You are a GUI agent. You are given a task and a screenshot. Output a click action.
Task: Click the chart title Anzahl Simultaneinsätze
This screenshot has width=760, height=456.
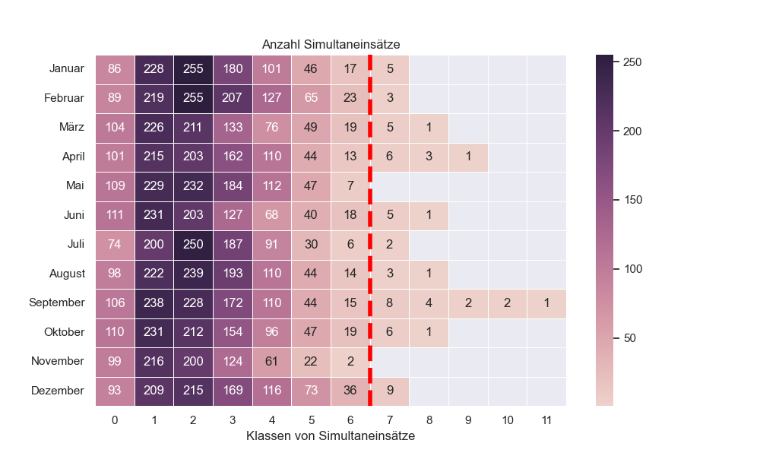tap(331, 45)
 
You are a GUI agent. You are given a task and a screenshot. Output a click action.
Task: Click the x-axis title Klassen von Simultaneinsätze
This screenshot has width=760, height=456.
tap(331, 437)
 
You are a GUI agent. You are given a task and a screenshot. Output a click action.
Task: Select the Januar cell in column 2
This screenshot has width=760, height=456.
tap(193, 69)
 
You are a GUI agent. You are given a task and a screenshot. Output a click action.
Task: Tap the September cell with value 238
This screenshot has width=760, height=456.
tap(154, 302)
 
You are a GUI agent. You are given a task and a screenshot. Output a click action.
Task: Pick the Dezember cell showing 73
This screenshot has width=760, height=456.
tap(311, 391)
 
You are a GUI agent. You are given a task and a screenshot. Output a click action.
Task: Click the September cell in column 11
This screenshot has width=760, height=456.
tap(546, 302)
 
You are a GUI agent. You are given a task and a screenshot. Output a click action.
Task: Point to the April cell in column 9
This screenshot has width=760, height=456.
tap(468, 157)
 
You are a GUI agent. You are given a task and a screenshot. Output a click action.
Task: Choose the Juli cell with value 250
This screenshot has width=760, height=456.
tap(193, 245)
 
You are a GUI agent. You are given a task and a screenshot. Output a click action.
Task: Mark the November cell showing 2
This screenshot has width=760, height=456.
tap(350, 361)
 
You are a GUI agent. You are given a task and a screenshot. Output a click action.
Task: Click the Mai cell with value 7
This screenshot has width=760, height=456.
tap(350, 186)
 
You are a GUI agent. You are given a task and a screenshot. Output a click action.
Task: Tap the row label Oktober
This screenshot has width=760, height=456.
tap(64, 332)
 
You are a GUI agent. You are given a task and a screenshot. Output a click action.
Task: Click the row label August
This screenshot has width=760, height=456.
tap(66, 274)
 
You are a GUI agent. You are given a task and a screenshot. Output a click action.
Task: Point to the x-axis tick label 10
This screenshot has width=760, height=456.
tap(507, 420)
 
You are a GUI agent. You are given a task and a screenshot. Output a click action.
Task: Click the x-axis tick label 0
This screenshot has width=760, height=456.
tap(115, 420)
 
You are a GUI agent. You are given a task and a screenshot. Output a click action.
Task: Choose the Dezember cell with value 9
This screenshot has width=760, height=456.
tap(390, 391)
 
